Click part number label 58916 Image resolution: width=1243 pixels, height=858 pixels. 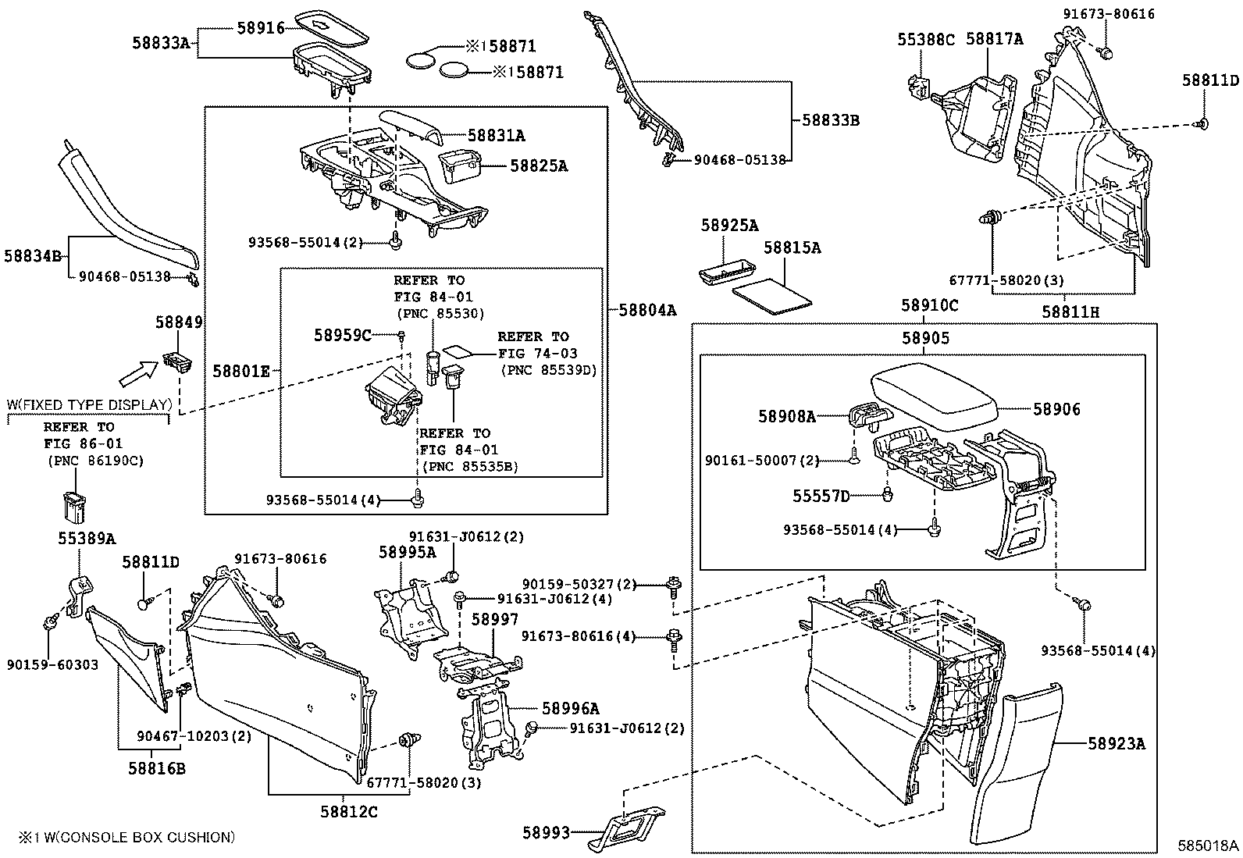260,28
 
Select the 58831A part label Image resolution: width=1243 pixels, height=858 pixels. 496,136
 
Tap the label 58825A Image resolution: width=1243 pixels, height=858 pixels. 539,166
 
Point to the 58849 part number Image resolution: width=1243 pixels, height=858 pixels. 179,322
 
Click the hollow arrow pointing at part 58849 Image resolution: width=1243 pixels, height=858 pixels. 137,373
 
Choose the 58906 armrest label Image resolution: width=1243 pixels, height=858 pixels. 1056,409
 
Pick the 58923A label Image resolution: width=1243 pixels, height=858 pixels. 1117,744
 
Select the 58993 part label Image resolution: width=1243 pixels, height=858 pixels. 546,833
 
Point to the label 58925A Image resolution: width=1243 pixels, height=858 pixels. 729,226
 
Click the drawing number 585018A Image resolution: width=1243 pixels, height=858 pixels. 1209,846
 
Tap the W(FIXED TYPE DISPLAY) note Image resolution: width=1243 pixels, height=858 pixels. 89,405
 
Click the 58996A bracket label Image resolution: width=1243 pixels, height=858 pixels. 571,708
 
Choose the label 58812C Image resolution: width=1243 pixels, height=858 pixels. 348,812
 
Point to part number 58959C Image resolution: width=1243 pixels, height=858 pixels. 343,335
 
